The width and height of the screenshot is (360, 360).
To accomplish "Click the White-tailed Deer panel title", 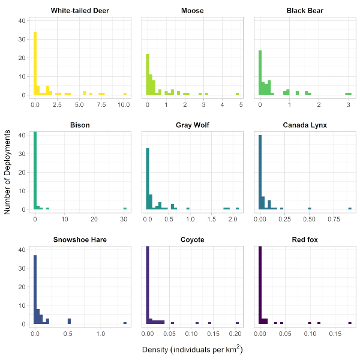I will coord(79,11).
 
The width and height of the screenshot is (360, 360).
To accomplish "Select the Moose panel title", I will coord(192,11).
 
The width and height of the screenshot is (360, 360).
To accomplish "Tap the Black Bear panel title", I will coord(305,11).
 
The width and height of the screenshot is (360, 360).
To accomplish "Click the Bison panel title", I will coord(79,125).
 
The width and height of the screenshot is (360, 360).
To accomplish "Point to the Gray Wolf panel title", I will coord(192,125).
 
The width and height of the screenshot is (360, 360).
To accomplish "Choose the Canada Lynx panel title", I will coord(305,125).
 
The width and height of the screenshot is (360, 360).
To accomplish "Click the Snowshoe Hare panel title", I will coord(79,239).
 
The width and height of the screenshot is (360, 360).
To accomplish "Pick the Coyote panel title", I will coord(192,239).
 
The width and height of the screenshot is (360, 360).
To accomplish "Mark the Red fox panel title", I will coord(305,239).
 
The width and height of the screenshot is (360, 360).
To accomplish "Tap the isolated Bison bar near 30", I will coord(125,208).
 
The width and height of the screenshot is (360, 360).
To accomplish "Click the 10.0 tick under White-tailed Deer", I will coord(124,104).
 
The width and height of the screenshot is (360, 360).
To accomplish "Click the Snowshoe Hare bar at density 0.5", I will coord(69,321).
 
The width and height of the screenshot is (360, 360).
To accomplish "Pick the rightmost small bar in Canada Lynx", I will coord(350,208).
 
